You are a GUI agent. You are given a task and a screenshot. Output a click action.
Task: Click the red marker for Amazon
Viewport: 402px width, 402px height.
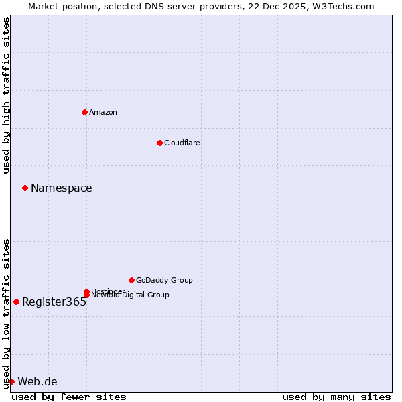[x=84, y=112]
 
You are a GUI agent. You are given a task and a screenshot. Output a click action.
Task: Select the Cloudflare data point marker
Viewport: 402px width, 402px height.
[x=159, y=143]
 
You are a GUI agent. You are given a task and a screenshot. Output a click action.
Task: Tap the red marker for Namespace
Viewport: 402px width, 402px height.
[x=25, y=188]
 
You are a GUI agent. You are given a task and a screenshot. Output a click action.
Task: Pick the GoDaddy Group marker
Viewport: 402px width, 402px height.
[x=131, y=280]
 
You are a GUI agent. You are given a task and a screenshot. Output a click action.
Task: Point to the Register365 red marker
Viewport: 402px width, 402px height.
[x=16, y=301]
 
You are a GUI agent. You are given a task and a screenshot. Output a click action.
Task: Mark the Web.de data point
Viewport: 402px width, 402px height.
[x=11, y=381]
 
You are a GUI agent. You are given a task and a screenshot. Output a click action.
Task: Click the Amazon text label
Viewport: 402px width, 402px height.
[x=103, y=112]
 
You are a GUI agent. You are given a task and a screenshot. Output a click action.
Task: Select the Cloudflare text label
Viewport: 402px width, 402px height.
[x=182, y=143]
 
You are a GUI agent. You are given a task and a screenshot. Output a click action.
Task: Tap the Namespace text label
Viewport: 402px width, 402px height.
[x=62, y=188]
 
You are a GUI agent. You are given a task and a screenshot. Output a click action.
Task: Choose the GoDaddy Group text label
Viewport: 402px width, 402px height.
[x=164, y=280]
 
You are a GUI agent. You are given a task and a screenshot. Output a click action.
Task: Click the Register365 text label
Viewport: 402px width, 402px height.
[x=54, y=302]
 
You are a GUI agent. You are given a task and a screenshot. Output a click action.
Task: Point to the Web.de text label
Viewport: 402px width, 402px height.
[x=38, y=382]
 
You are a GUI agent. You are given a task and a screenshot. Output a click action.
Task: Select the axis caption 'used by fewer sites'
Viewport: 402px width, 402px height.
[x=69, y=397]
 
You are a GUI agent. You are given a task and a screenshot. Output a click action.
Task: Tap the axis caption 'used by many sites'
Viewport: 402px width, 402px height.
[x=336, y=397]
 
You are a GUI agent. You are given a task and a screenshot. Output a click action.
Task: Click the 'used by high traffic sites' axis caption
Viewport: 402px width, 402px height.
[x=6, y=96]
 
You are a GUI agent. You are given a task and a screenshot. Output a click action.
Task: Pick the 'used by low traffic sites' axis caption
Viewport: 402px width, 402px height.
[x=6, y=314]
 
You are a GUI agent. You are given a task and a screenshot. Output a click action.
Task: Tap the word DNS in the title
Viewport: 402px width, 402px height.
[x=172, y=6]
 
